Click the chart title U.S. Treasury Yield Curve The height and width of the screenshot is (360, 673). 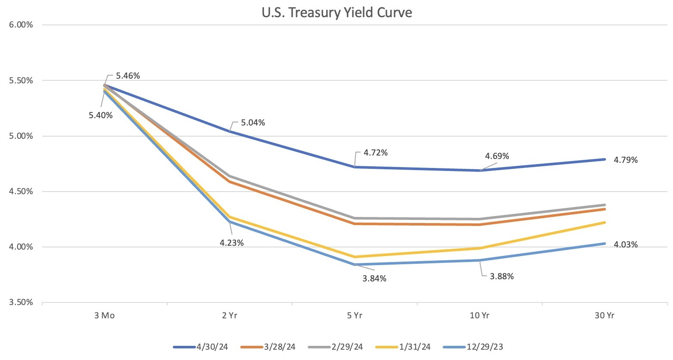point(336,12)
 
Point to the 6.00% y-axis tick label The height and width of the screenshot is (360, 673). point(21,25)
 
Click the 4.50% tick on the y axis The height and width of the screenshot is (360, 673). point(21,192)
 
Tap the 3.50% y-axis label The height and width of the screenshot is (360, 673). point(21,302)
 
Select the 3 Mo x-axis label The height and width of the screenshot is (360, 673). point(104,316)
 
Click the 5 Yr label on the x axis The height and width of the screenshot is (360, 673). point(355,316)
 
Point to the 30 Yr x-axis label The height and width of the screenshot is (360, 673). point(605,316)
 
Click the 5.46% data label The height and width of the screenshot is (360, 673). point(128,76)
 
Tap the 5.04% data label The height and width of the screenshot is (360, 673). point(253,123)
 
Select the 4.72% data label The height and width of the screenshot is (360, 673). point(376,153)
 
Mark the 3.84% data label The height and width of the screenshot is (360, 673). point(374,278)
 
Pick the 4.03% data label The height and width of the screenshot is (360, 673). point(626,245)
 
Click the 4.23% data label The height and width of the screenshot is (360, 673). point(232,243)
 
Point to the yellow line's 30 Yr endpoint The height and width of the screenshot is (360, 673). point(605,223)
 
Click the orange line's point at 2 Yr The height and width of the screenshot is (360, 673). point(229,182)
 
